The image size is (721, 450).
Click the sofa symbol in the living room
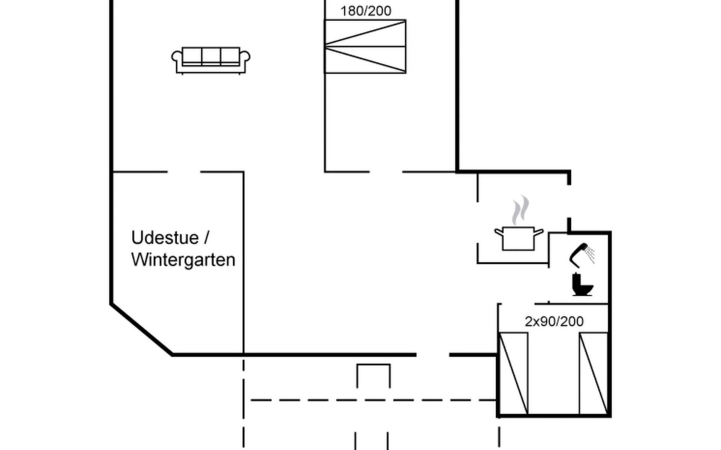[x=211, y=60]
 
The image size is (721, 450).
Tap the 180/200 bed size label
[x=366, y=11]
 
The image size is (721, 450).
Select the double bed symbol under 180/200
[x=365, y=46]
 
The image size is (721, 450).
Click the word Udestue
[x=165, y=238]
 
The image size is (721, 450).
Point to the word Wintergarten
[x=183, y=260]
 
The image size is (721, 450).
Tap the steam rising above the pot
[x=520, y=210]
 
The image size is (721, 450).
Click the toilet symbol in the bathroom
[x=581, y=285]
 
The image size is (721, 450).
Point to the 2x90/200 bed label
[x=554, y=321]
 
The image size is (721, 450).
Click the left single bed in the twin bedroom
[x=513, y=373]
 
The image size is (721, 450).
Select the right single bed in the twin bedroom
[x=593, y=373]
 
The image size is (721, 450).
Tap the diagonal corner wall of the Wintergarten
[x=141, y=329]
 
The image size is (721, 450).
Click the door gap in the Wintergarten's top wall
[x=184, y=172]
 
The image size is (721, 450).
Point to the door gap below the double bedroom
[x=386, y=172]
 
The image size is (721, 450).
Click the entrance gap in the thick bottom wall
[x=433, y=354]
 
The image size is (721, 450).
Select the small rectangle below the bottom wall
[x=373, y=375]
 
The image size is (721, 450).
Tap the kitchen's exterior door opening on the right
[x=569, y=201]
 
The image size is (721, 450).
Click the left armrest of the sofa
[x=176, y=57]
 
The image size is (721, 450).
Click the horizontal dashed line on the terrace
[x=372, y=400]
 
